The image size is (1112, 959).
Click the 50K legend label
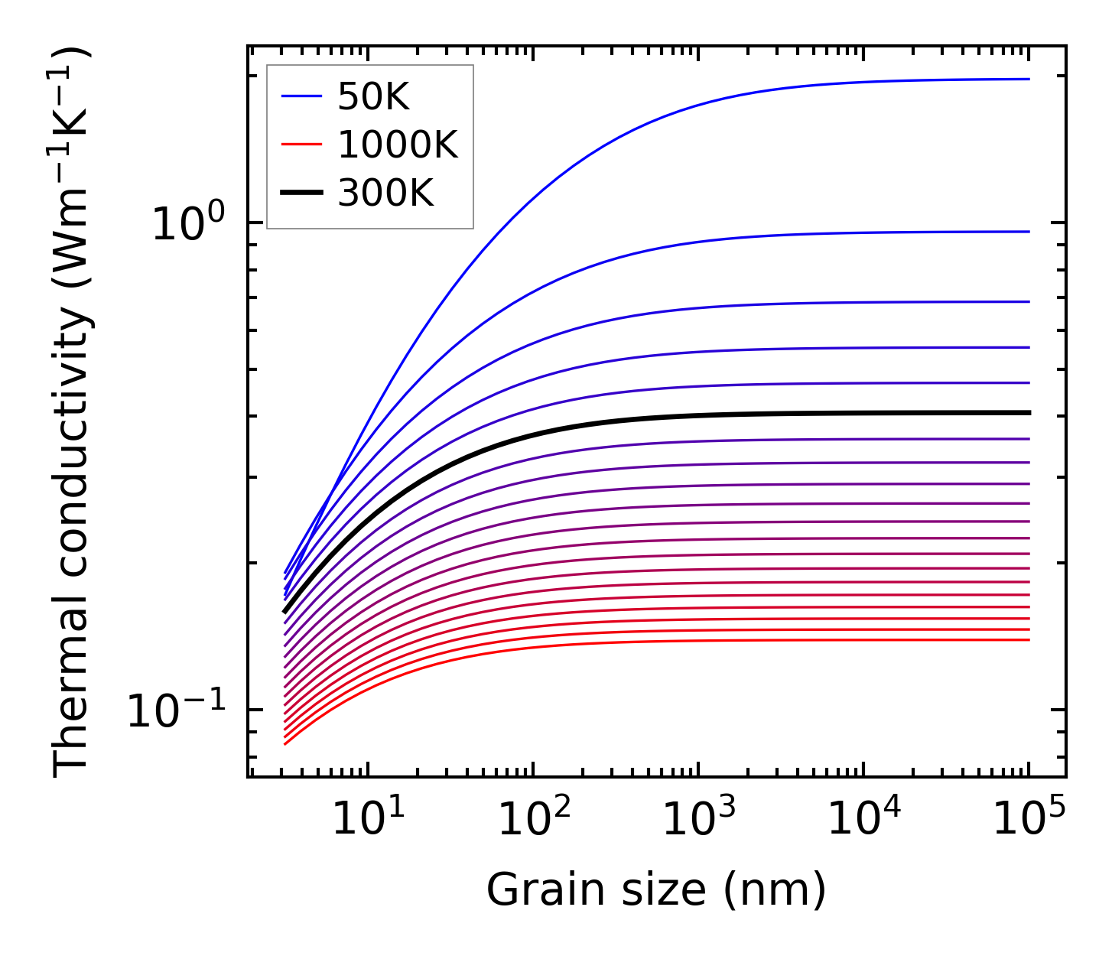pyautogui.click(x=373, y=97)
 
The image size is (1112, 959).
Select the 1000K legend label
pyautogui.click(x=397, y=145)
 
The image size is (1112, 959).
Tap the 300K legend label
pyautogui.click(x=385, y=193)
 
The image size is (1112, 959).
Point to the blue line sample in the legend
pyautogui.click(x=302, y=96)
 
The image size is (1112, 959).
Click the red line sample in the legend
pyautogui.click(x=302, y=145)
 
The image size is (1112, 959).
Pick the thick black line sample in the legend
pyautogui.click(x=302, y=193)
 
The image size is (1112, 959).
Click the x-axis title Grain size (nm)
pyautogui.click(x=656, y=890)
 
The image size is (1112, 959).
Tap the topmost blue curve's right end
pyautogui.click(x=1028, y=79)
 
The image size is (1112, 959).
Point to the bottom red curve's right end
pyautogui.click(x=1028, y=640)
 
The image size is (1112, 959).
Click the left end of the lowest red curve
pyautogui.click(x=285, y=743)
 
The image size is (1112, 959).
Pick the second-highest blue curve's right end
pyautogui.click(x=1028, y=232)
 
